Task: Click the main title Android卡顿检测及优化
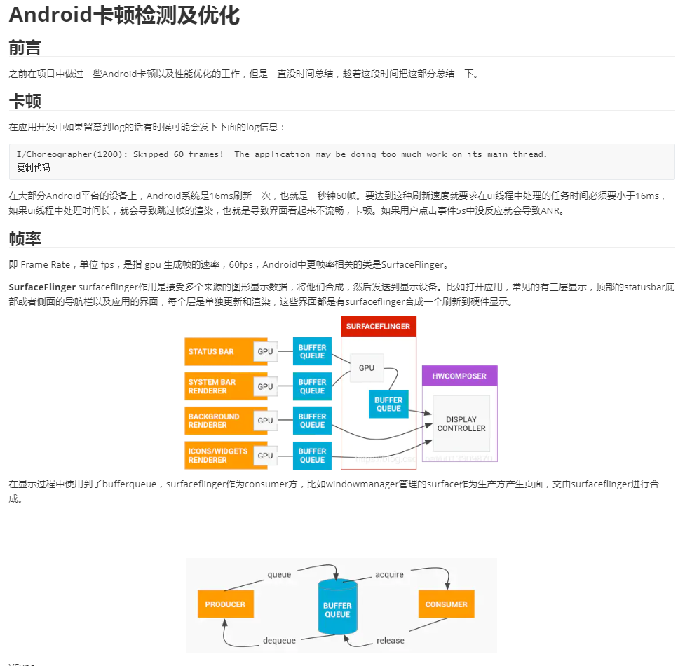(x=124, y=15)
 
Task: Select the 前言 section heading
(x=25, y=48)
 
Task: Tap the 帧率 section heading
(x=25, y=238)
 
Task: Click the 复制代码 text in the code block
(x=34, y=168)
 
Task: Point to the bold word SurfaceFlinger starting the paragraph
(x=41, y=287)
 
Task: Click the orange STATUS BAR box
(x=219, y=351)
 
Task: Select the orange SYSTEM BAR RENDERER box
(x=219, y=386)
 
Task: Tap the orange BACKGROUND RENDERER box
(x=219, y=421)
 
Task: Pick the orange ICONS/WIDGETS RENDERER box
(x=219, y=456)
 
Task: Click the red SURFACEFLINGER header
(x=378, y=326)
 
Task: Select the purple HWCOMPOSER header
(x=459, y=376)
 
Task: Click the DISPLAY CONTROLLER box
(x=461, y=423)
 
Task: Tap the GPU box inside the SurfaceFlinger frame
(x=366, y=367)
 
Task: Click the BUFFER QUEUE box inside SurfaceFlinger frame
(x=388, y=404)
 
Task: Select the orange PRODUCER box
(x=225, y=604)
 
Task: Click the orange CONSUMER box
(x=446, y=604)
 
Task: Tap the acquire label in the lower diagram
(x=389, y=574)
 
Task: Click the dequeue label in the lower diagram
(x=279, y=639)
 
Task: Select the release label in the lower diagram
(x=390, y=639)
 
